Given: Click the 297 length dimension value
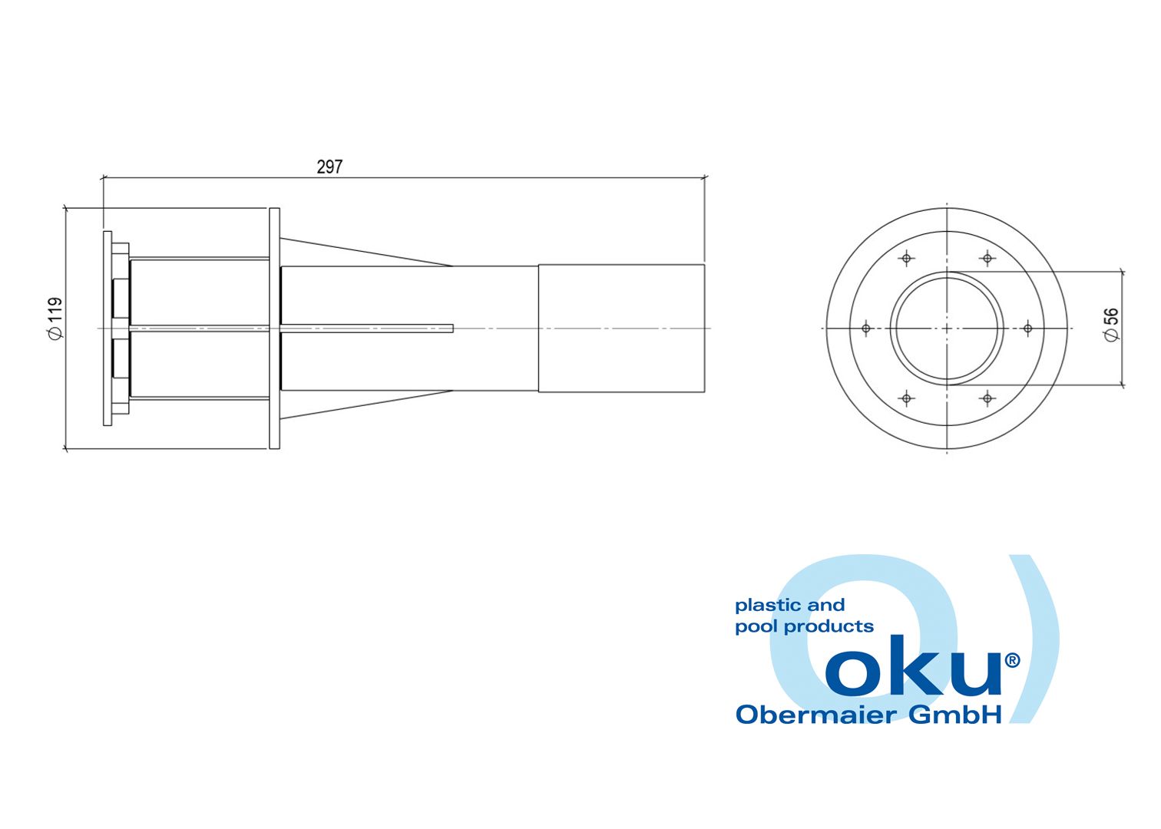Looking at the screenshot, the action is click(329, 167).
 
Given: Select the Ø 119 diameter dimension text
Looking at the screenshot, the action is click(55, 318).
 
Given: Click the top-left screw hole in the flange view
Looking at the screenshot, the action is click(907, 258).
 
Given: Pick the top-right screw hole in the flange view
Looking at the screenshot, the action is click(987, 258).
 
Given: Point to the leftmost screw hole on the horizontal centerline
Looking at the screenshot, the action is click(865, 329).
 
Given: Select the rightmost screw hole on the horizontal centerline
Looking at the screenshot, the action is click(1028, 329).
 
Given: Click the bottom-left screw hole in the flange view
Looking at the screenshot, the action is click(907, 398).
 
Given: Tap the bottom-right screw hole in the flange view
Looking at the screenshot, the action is click(987, 398).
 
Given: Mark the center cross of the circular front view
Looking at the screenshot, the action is click(947, 329).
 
